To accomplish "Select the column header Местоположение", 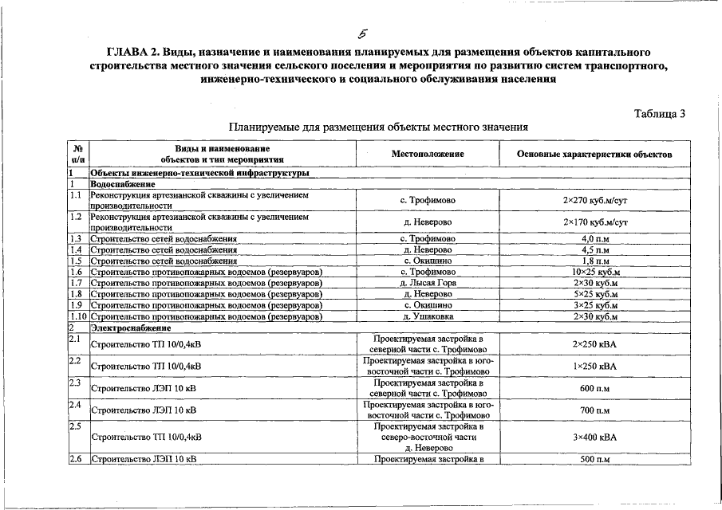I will tap(428, 153).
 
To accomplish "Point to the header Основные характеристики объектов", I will tap(594, 153).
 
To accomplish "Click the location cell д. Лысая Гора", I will tap(428, 283).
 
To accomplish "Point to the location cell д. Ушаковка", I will tap(428, 316).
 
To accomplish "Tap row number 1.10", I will tap(78, 316).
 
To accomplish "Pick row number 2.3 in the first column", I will tap(77, 383).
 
